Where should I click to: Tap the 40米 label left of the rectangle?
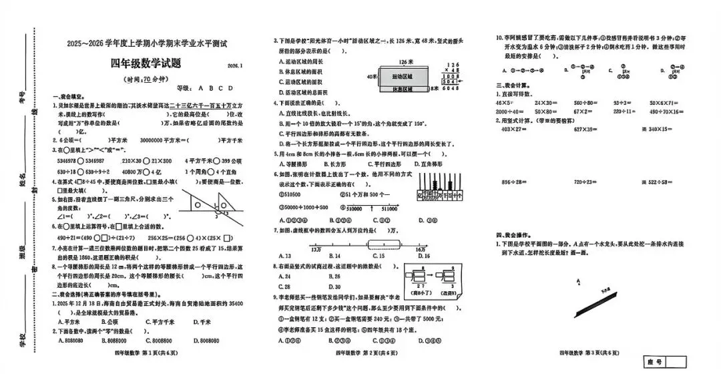click(x=373, y=77)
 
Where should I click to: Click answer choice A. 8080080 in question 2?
click(x=73, y=340)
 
